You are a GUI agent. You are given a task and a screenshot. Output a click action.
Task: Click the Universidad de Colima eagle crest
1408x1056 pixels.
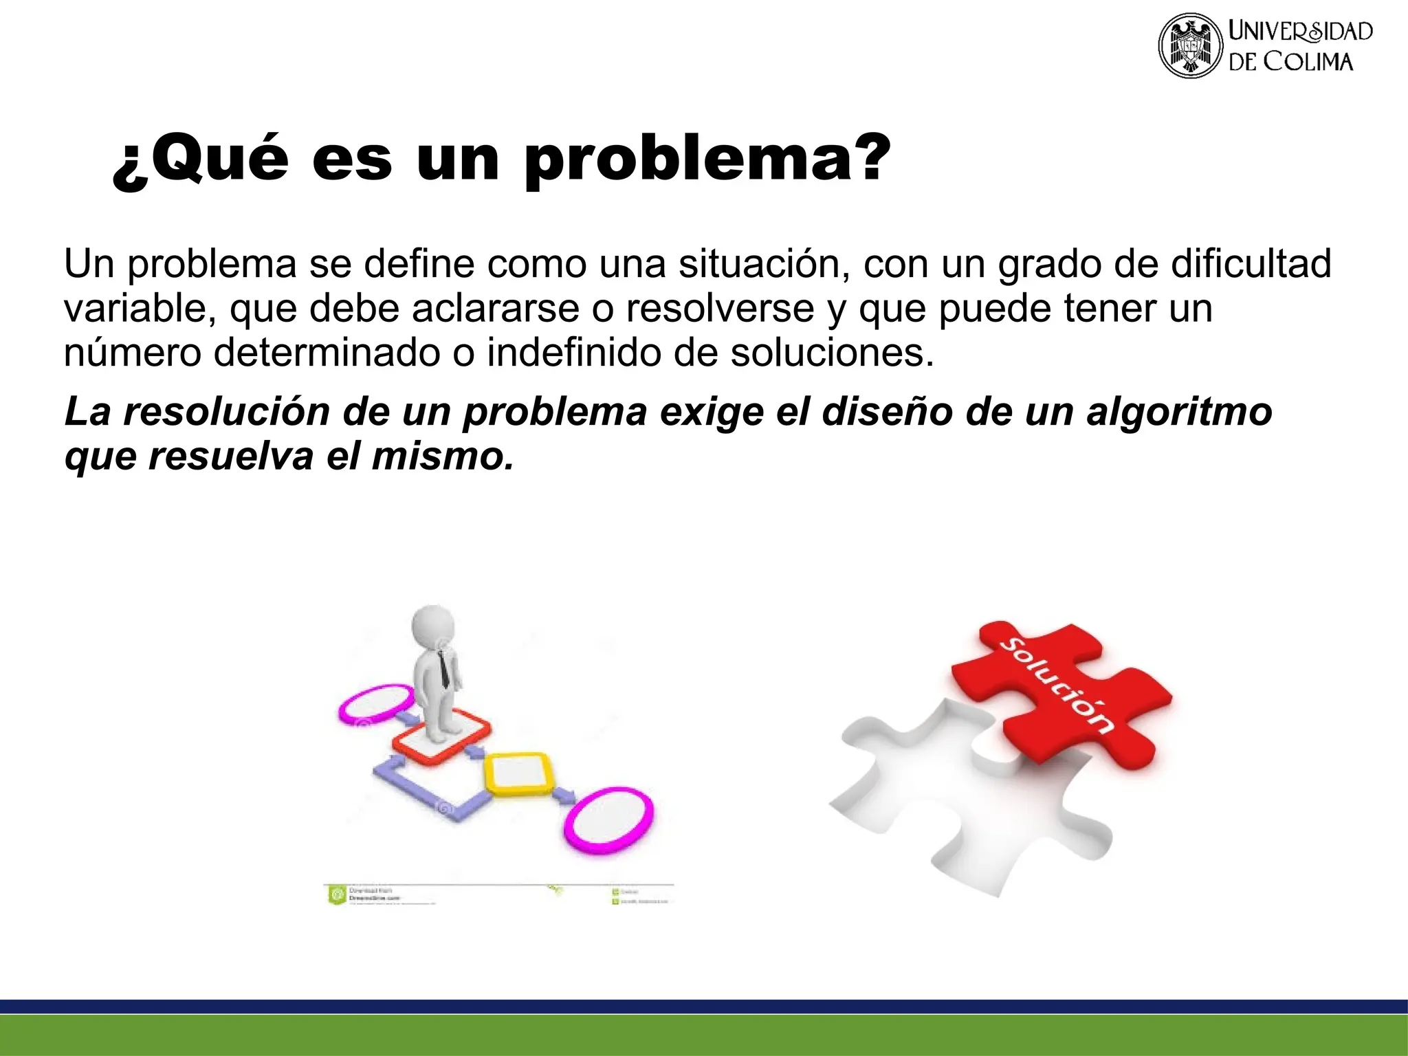click(x=1191, y=45)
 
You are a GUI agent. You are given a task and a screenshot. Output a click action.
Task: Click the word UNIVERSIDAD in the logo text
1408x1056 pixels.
click(x=1300, y=31)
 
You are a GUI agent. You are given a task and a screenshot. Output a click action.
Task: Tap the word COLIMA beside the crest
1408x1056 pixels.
click(x=1308, y=62)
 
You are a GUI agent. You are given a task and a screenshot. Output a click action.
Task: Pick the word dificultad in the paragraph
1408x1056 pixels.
click(x=1251, y=264)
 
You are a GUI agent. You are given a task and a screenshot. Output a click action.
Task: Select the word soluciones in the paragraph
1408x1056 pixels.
click(x=832, y=353)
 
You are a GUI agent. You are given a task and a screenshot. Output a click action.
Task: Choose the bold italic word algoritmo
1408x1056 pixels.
click(x=1179, y=412)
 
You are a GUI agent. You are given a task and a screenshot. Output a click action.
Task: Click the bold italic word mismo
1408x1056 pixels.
click(x=443, y=456)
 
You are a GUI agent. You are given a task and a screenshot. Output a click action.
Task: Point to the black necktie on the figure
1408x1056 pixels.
click(x=445, y=668)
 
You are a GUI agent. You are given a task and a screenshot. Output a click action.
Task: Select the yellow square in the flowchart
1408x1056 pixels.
click(x=519, y=774)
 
